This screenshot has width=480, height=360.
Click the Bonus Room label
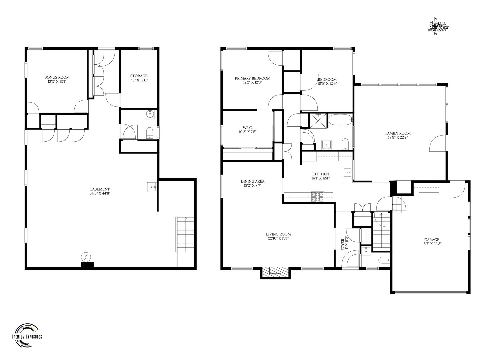point(57,77)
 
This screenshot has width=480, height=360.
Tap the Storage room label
point(139,76)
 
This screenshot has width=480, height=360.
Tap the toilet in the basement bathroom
point(150,133)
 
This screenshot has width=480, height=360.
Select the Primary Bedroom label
point(252,78)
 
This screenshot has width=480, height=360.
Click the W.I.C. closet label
point(247,128)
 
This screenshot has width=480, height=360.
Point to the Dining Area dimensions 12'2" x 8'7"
point(252,186)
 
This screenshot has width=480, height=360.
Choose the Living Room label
point(278,234)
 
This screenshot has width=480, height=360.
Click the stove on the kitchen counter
point(318,197)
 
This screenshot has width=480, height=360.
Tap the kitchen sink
point(348,173)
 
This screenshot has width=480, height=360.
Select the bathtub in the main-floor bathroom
point(340,120)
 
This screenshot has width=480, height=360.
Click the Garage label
point(432,240)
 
